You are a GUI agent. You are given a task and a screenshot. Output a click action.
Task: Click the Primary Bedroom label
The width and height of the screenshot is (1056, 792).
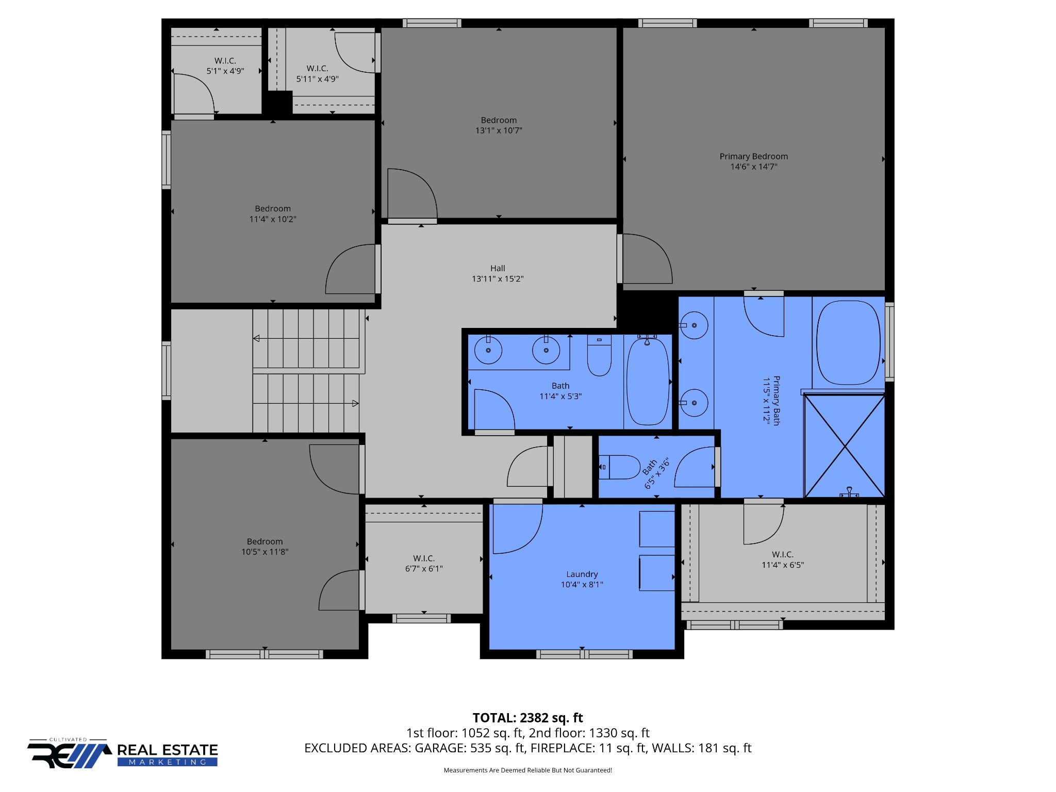pos(753,161)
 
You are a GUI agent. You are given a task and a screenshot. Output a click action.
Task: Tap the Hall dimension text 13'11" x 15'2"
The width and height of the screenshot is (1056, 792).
pos(498,279)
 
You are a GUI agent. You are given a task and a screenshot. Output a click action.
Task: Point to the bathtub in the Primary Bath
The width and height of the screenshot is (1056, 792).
pos(848,343)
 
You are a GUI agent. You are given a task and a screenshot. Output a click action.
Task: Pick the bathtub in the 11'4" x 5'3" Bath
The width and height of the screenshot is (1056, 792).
pos(648,382)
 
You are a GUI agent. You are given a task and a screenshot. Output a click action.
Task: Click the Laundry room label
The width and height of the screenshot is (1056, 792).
pos(582,579)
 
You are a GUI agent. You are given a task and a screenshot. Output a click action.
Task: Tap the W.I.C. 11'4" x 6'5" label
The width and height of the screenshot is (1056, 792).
pos(783,559)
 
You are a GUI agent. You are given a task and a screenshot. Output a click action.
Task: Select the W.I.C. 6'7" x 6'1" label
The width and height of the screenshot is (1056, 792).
pos(424,564)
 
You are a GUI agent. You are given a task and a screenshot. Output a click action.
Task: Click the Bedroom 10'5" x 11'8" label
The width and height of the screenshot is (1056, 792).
pos(265,547)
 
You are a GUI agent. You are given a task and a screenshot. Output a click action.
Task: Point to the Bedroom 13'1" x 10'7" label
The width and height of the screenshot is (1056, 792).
pos(499,125)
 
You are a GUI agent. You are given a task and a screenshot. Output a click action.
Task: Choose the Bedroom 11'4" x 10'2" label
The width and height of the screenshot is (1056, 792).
pos(273,214)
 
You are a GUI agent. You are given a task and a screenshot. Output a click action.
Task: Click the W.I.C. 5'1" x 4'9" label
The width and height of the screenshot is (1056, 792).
pos(225,66)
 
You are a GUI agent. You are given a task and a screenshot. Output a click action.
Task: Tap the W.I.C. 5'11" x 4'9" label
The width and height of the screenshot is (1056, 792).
pos(317,74)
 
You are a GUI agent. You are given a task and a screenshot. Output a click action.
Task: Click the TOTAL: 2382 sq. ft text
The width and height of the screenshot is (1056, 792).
pos(527,718)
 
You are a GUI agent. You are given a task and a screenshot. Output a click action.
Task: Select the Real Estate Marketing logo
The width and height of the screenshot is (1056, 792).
pos(123,753)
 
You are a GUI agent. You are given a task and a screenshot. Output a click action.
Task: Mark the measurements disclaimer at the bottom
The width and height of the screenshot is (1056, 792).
pos(528,770)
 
